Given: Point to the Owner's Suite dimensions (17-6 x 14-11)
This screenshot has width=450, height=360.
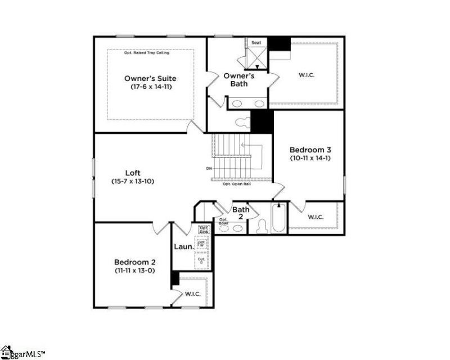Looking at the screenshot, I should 150,87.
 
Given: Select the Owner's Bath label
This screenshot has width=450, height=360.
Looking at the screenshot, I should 239,79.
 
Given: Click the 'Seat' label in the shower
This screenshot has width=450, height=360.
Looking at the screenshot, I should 256,42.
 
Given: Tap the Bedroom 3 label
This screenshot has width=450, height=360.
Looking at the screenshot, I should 310,150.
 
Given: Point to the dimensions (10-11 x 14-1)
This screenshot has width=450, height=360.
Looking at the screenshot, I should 310,159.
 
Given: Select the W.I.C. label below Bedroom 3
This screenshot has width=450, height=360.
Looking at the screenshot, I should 316,217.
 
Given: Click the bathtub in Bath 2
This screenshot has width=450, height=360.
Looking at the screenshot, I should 279,218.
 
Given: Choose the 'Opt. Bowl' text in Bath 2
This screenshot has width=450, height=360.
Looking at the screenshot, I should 223,222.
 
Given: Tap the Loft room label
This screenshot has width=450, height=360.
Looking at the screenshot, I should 133,173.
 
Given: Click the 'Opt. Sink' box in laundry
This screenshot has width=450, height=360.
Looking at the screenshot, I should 204,229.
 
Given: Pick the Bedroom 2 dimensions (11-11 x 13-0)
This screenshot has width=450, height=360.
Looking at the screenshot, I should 135,271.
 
